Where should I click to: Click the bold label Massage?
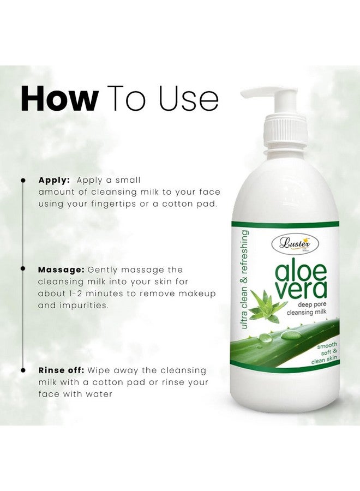(x=61, y=270)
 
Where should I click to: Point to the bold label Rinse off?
(x=61, y=370)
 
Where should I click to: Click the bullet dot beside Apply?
(x=23, y=179)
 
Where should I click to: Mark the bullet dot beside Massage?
(x=23, y=270)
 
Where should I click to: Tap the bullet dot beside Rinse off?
(x=23, y=370)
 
